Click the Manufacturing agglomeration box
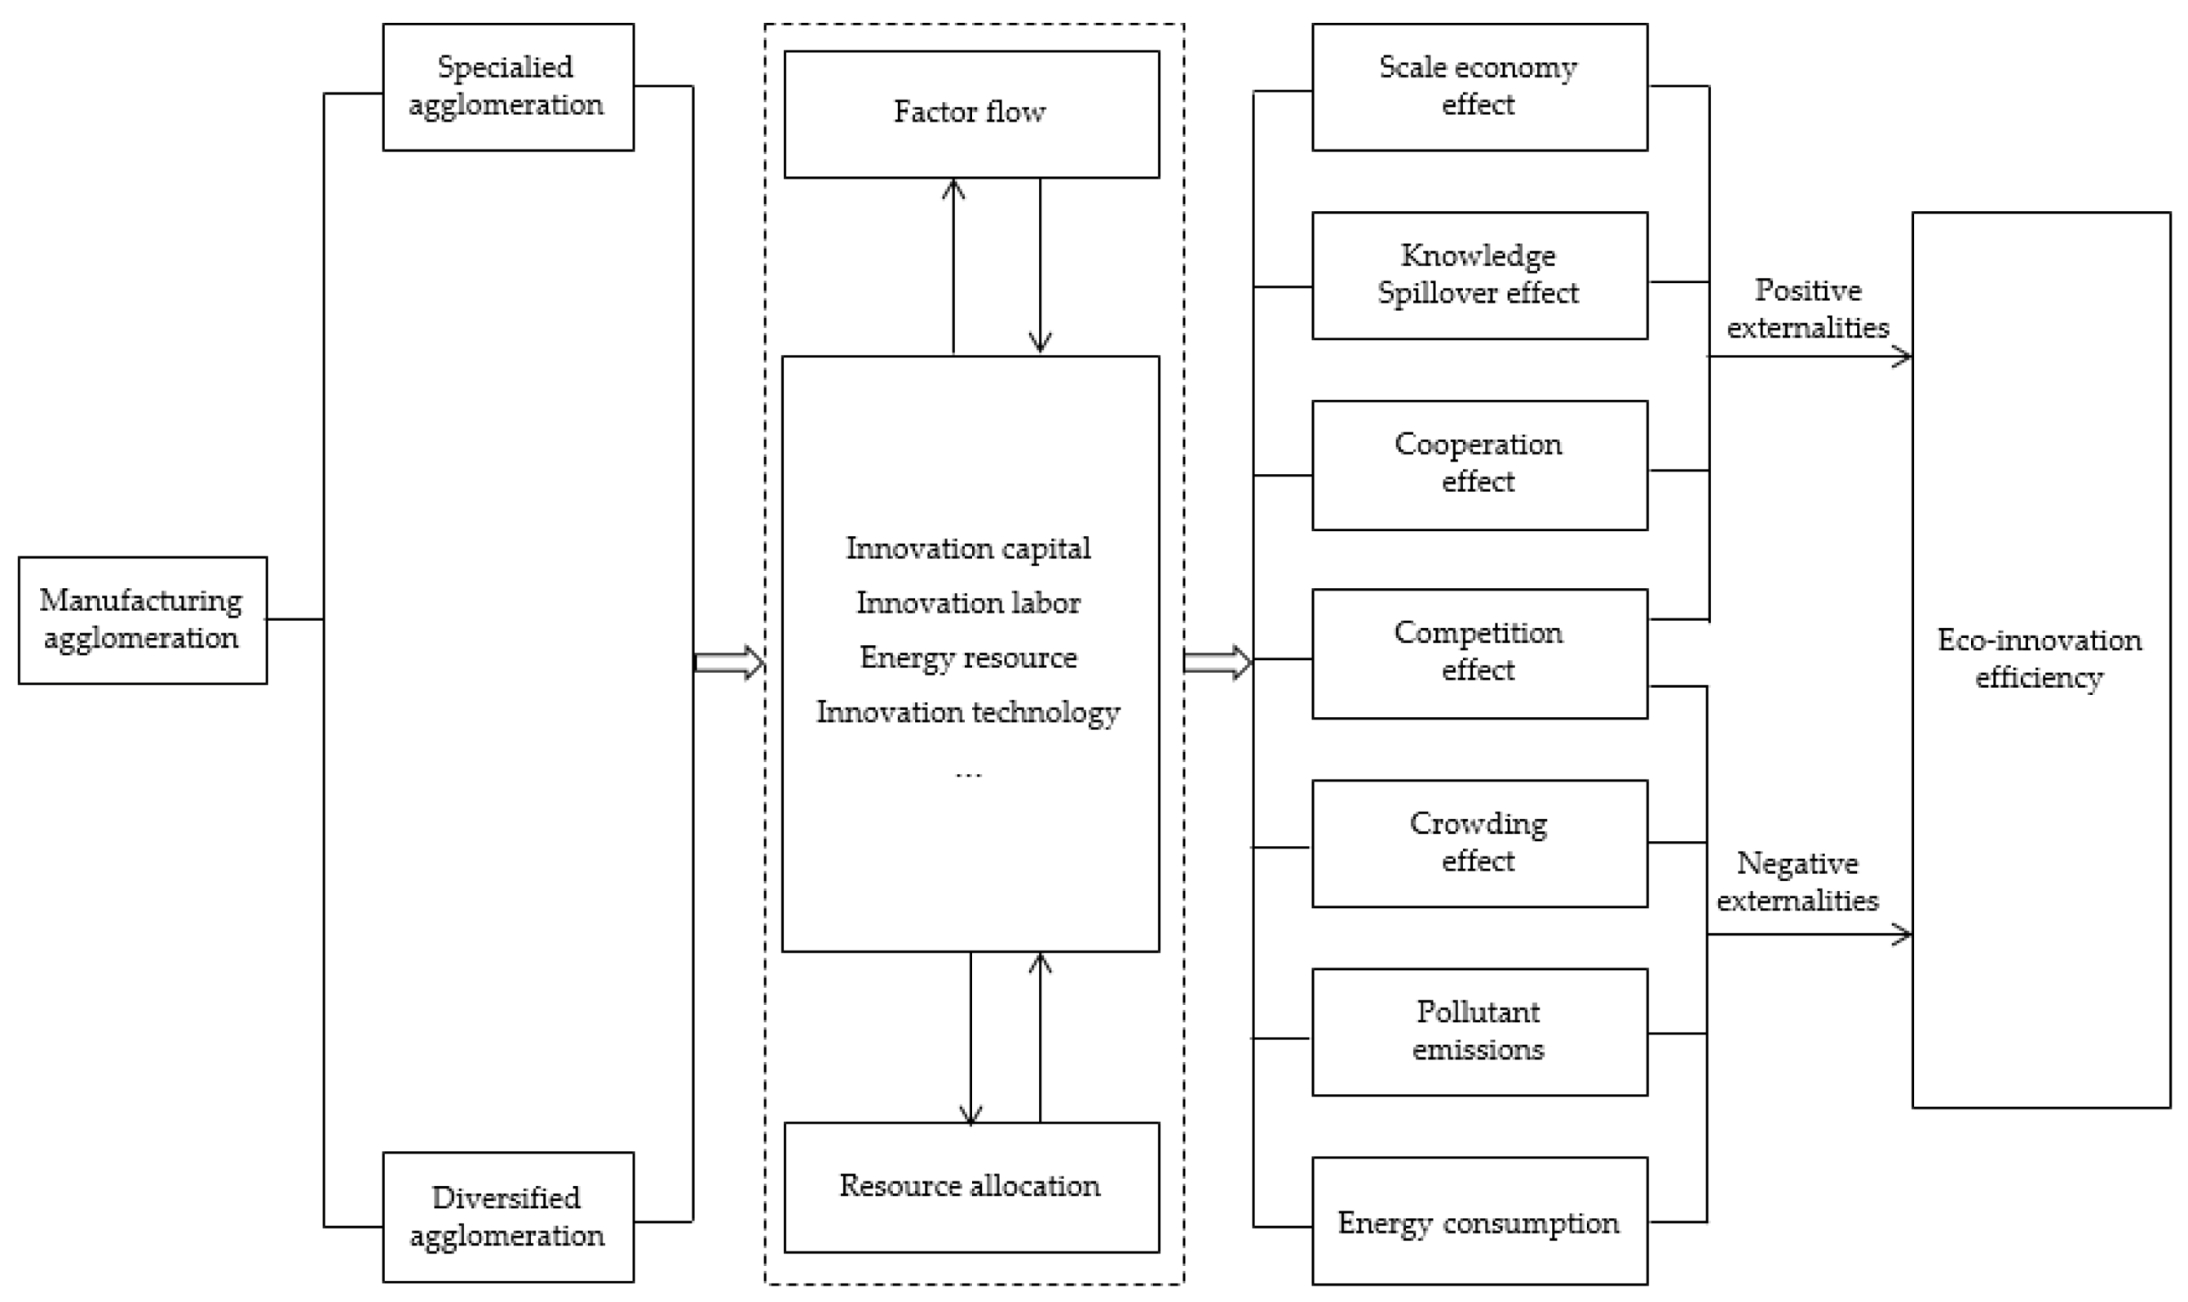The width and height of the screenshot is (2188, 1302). tap(142, 619)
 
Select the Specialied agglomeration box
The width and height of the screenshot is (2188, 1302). tap(508, 86)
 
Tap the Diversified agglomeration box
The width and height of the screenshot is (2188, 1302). tap(508, 1217)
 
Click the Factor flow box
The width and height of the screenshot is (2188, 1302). tap(970, 114)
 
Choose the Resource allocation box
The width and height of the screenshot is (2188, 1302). tap(970, 1186)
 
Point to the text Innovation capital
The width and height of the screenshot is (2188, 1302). tap(968, 548)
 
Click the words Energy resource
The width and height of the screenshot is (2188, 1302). tap(968, 658)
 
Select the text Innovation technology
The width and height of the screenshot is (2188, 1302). tap(968, 711)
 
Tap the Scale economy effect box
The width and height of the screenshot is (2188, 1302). tap(1479, 86)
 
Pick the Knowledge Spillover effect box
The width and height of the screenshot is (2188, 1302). tap(1479, 275)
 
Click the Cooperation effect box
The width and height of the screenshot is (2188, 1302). tap(1479, 464)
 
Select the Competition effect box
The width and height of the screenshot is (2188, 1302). tap(1479, 653)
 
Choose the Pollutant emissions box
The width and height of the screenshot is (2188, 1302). tap(1479, 1032)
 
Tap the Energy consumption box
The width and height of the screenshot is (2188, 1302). tap(1479, 1221)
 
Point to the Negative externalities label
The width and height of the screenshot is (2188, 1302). tap(1797, 882)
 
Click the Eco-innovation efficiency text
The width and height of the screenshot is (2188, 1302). tap(2039, 659)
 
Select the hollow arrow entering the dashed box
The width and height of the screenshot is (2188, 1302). tap(729, 662)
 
